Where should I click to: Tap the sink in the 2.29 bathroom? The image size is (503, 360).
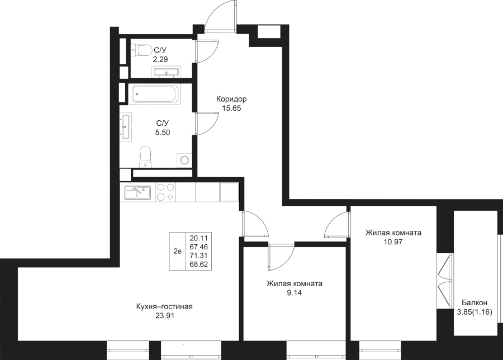[166, 72]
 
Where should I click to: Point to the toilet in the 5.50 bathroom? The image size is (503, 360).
[145, 156]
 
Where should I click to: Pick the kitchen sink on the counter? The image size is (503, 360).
[136, 193]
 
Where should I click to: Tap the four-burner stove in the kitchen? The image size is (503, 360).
[165, 192]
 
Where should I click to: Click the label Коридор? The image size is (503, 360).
[231, 99]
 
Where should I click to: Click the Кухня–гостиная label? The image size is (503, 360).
[164, 306]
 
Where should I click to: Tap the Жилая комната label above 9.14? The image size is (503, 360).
[295, 283]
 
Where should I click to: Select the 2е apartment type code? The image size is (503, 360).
[177, 251]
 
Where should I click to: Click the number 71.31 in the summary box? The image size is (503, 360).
[198, 255]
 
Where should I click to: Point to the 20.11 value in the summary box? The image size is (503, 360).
[198, 238]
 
